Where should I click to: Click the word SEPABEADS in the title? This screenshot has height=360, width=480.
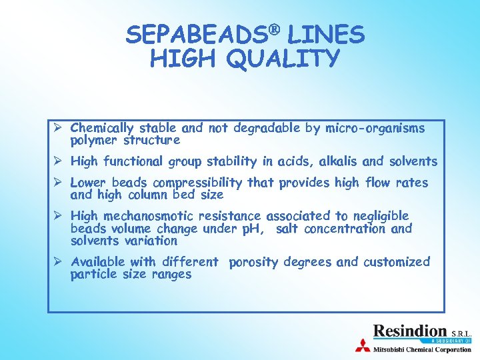(187, 35)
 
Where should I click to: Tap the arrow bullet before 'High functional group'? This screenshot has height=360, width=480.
(59, 161)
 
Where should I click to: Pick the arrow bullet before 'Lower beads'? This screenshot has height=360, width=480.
(59, 182)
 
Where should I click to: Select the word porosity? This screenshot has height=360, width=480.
(253, 262)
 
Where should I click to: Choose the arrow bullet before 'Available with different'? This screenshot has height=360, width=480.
(59, 261)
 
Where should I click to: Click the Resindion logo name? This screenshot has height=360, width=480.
(410, 331)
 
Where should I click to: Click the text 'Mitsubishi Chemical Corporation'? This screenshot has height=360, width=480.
(422, 349)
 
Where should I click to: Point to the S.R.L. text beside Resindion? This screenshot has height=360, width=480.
(461, 333)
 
